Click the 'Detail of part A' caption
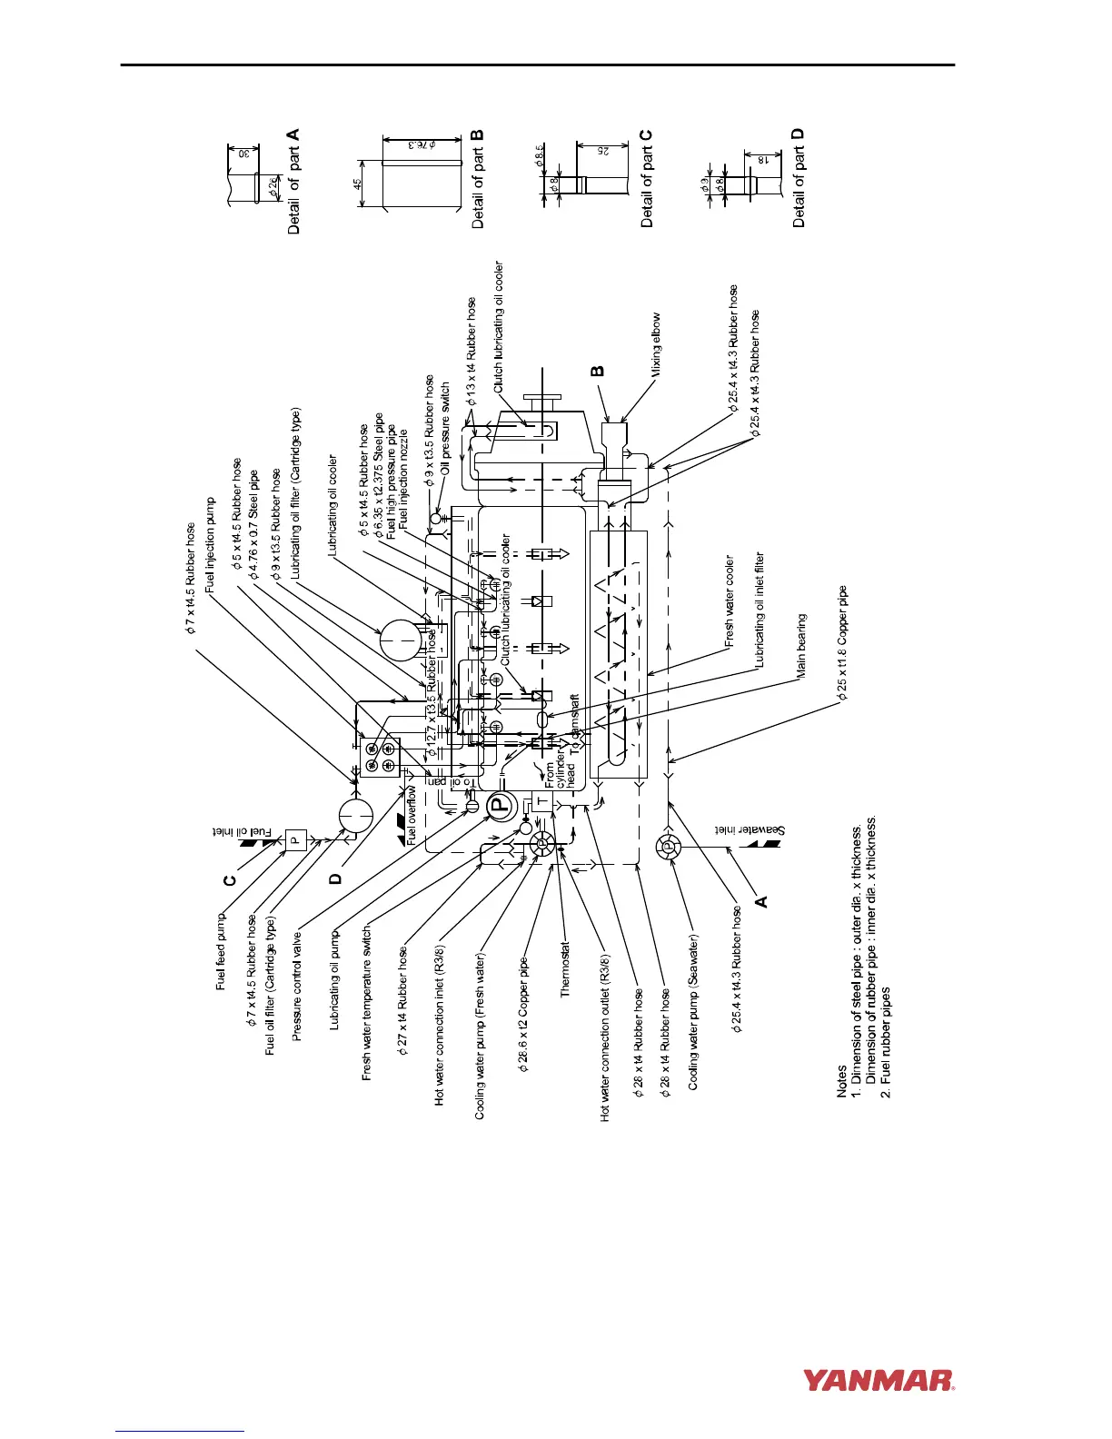click(293, 182)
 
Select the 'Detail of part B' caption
click(479, 179)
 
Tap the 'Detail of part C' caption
click(647, 179)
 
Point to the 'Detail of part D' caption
click(799, 178)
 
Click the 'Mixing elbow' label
click(656, 344)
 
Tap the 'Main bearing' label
click(801, 646)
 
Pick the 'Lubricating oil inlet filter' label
click(760, 610)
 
